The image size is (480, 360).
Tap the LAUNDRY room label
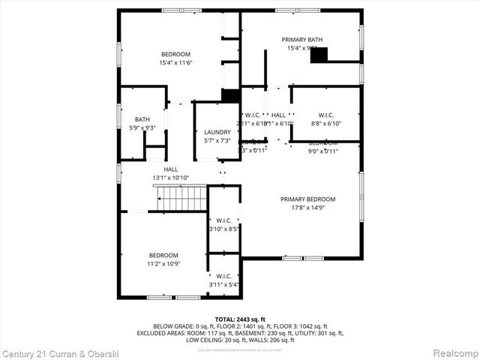point(217,132)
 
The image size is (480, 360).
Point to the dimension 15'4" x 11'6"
point(175,63)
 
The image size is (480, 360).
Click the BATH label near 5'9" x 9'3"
point(142,119)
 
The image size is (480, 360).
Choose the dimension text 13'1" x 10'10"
point(171,178)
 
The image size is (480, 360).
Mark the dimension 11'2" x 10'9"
point(163,263)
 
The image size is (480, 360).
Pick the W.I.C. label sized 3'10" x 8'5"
point(223,220)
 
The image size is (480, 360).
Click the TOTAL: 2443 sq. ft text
point(240,319)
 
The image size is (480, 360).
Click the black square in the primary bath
point(319,54)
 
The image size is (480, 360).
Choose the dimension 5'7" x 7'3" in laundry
point(217,141)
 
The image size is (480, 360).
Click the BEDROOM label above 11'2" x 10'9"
point(163,255)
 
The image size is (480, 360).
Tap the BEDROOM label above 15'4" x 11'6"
point(175,54)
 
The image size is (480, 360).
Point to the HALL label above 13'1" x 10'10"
point(171,169)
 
